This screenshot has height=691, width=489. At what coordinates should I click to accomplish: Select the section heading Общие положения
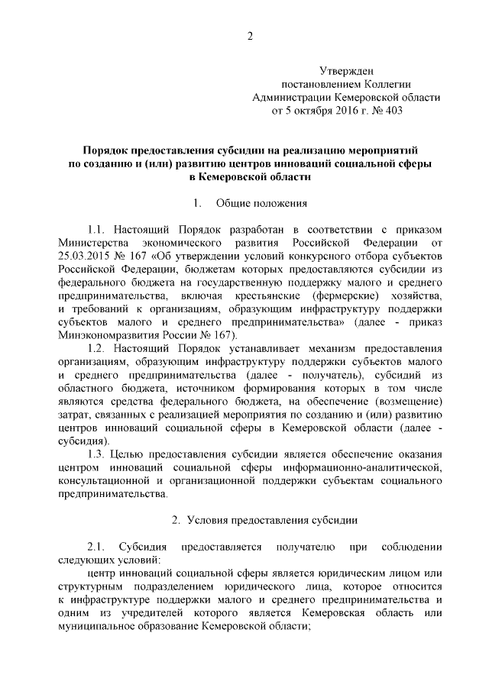click(x=262, y=203)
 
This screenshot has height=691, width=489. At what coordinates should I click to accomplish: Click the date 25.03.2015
click(x=84, y=256)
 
